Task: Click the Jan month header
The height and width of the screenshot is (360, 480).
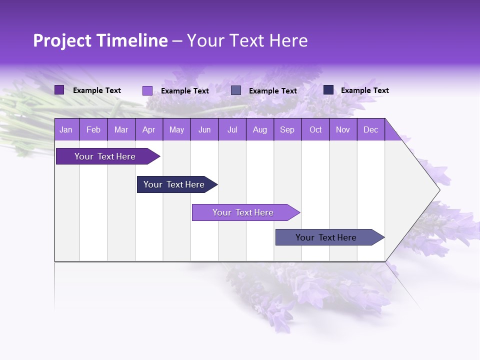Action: pos(66,129)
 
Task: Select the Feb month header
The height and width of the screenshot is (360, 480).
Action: pos(93,129)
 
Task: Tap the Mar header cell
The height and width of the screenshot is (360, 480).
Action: pos(121,129)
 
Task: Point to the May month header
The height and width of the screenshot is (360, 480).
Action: pos(176,129)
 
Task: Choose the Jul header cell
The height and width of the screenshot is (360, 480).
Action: pos(232,129)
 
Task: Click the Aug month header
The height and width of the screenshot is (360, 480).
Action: pos(259,129)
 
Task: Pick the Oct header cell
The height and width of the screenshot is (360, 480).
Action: pos(315,129)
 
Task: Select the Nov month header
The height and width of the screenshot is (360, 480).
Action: pos(343,129)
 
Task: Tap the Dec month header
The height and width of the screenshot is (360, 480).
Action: pos(370,129)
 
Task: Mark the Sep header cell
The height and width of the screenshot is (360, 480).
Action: pos(287,129)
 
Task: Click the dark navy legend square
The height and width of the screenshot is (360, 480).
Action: pos(328,90)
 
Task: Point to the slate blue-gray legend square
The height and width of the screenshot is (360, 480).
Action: pos(236,90)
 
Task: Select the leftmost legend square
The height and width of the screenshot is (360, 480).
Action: pos(59,90)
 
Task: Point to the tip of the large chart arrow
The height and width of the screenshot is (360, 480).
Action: pos(438,190)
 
